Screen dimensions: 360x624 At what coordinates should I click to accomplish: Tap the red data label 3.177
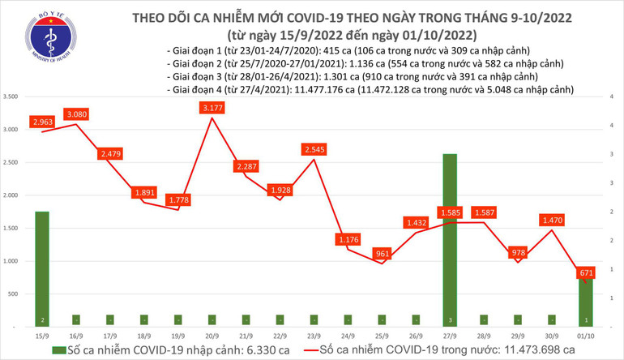click(x=212, y=108)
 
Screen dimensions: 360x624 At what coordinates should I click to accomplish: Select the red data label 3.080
click(x=79, y=115)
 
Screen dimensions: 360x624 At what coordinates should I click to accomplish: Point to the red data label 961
click(x=383, y=253)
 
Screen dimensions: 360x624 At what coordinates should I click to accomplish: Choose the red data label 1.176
click(x=348, y=239)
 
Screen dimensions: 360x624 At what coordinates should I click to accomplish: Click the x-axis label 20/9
click(x=212, y=333)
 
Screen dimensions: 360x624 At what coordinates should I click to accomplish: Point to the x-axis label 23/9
click(x=314, y=333)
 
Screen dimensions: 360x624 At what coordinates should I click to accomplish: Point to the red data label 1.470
click(x=552, y=220)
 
